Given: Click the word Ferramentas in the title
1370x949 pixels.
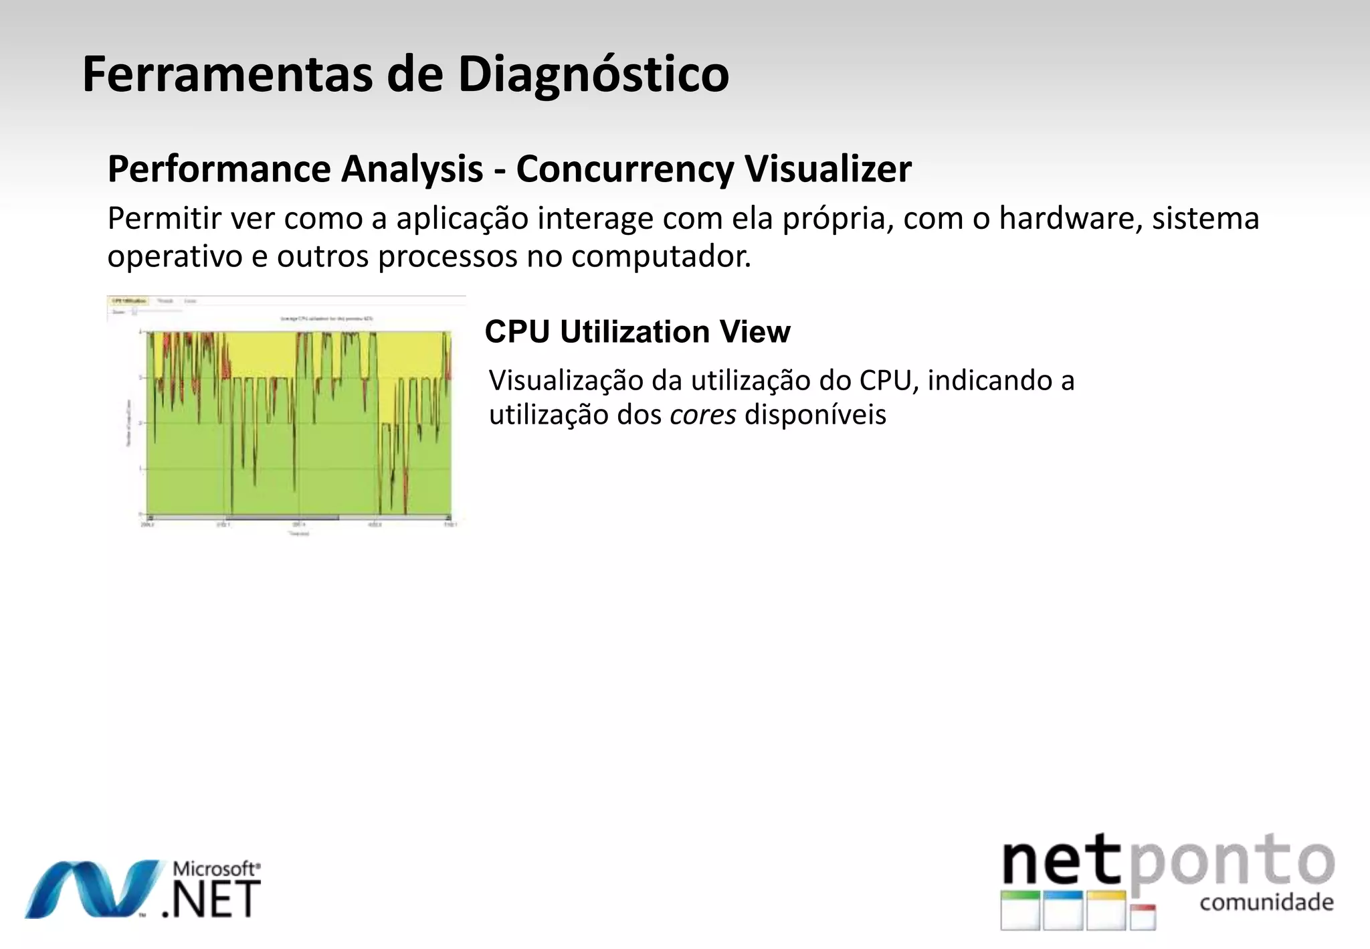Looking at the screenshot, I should coord(226,74).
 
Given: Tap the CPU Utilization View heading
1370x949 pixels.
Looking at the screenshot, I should coord(637,332).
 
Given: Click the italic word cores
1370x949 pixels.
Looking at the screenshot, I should coord(702,415).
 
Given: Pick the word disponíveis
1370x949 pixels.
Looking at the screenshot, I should coord(815,415).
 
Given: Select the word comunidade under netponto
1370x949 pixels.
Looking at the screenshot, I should coord(1266,903).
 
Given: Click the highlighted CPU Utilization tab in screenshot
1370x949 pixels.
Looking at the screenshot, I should coord(129,302).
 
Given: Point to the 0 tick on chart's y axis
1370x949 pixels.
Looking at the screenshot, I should coord(140,514).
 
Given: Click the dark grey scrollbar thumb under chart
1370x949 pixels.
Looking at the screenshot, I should coord(281,517).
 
